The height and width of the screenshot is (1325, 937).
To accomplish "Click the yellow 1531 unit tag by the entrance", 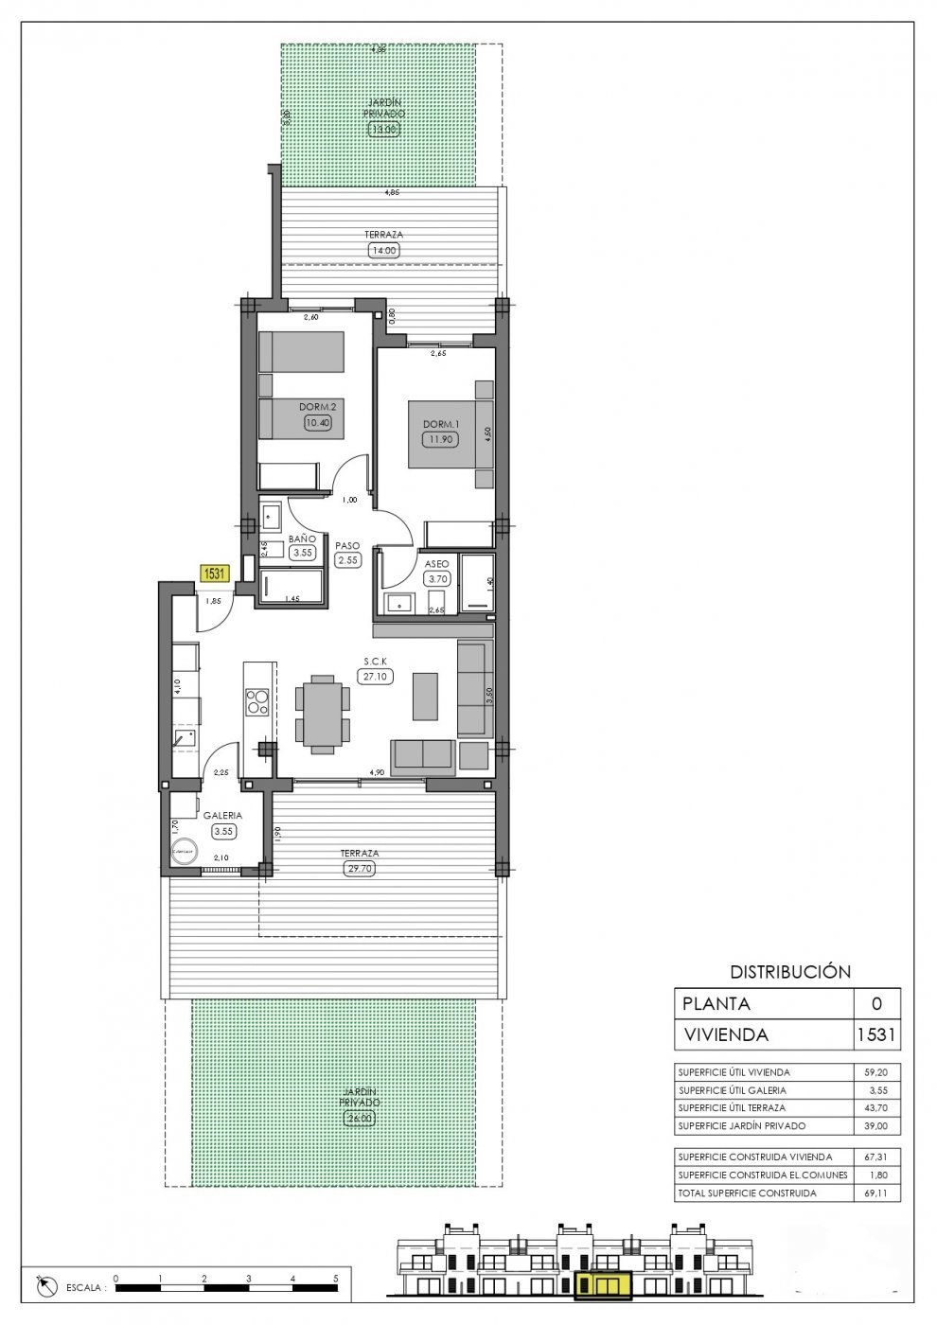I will coord(215,573).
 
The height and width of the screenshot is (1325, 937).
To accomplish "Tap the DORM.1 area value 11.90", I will coord(438,439).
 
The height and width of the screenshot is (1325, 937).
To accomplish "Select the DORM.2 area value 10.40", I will coord(317,423).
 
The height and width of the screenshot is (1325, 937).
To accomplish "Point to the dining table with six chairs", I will coord(322,715).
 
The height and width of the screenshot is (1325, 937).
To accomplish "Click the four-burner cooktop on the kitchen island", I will coord(256,701).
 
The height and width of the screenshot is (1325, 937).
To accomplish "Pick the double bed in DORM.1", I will coord(451,434).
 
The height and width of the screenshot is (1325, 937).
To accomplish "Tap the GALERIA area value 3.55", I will coord(223,831).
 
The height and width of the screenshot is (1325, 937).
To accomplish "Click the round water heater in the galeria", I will coord(184,852).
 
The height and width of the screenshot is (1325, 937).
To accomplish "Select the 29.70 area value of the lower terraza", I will coord(360,868).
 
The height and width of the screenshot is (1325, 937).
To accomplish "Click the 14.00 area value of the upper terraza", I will coord(383,251).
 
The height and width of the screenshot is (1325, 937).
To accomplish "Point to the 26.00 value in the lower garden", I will coord(360,1118).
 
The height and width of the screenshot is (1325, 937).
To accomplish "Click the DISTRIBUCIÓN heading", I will coord(790,971).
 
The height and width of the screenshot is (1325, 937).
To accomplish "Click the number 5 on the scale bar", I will coord(336,1278).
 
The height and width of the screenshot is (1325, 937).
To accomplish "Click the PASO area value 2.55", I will coord(347,560).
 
